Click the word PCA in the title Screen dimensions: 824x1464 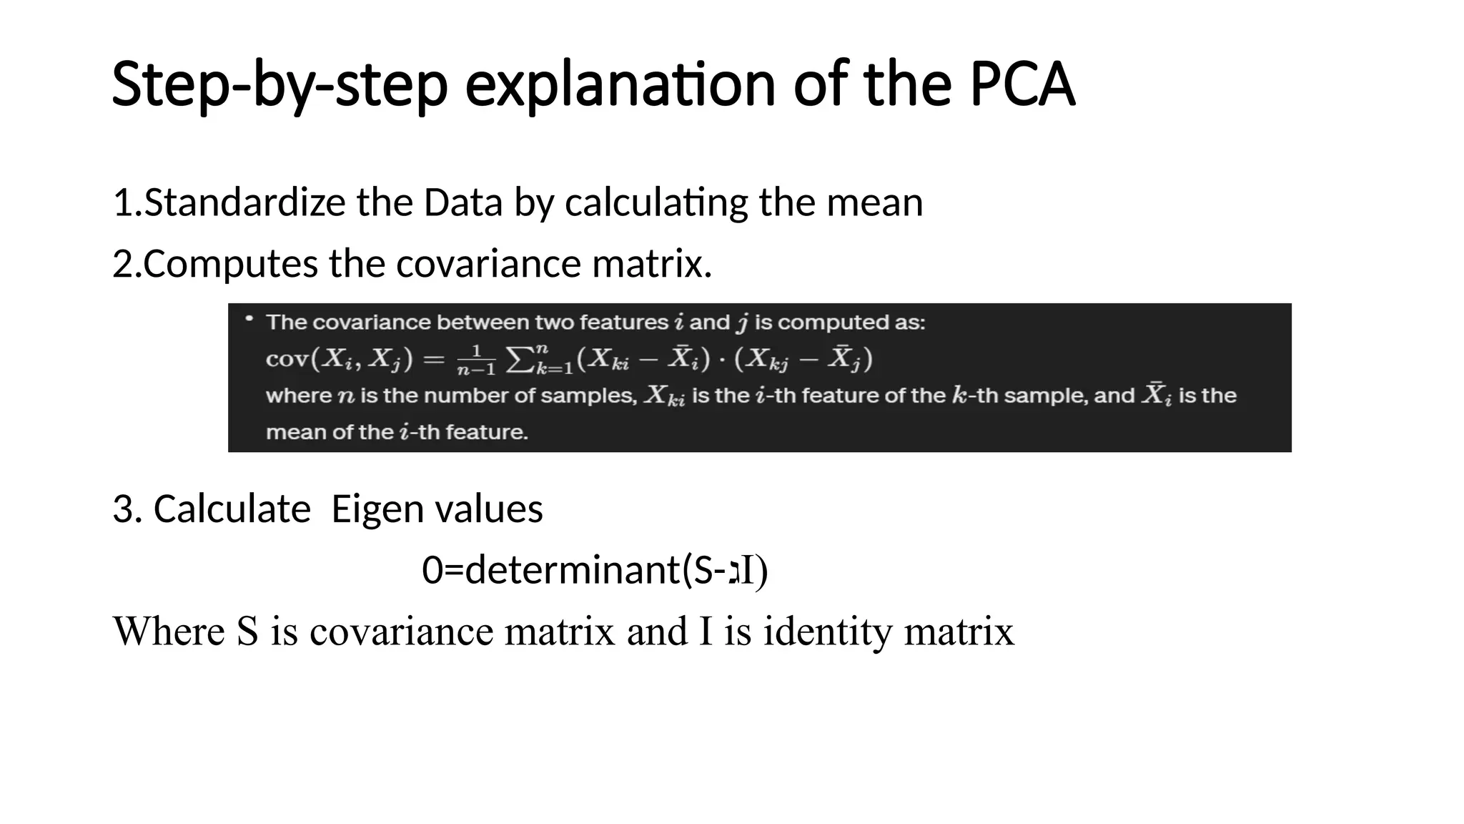(1022, 84)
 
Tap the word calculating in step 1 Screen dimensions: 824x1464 (656, 204)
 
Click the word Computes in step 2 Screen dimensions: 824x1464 (230, 264)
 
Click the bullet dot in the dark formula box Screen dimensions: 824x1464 (249, 319)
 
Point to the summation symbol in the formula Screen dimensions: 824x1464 (518, 360)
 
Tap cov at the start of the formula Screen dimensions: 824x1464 (286, 358)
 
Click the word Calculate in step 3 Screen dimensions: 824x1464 (232, 509)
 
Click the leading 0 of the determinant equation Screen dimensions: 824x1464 (432, 571)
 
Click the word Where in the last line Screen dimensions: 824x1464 (169, 632)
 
